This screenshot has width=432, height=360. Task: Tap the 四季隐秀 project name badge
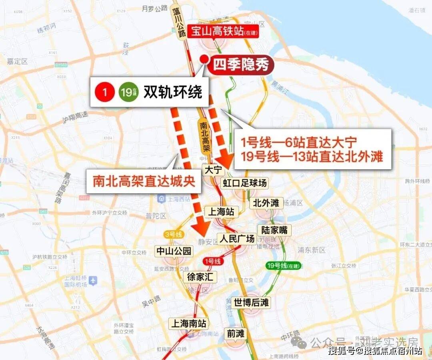pyautogui.click(x=240, y=65)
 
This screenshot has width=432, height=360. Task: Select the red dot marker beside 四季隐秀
pyautogui.click(x=204, y=59)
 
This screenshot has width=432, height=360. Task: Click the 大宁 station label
pyautogui.click(x=212, y=170)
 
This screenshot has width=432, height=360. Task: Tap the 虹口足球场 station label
pyautogui.click(x=244, y=183)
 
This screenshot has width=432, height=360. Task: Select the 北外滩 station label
pyautogui.click(x=266, y=203)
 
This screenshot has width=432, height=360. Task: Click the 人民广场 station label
pyautogui.click(x=237, y=239)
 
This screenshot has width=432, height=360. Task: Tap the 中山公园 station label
pyautogui.click(x=174, y=251)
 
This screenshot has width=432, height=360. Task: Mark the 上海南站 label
pyautogui.click(x=188, y=323)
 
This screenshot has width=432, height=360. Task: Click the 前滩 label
pyautogui.click(x=236, y=333)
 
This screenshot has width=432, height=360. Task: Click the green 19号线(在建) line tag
pyautogui.click(x=283, y=265)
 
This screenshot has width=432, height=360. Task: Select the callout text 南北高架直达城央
pyautogui.click(x=144, y=181)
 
